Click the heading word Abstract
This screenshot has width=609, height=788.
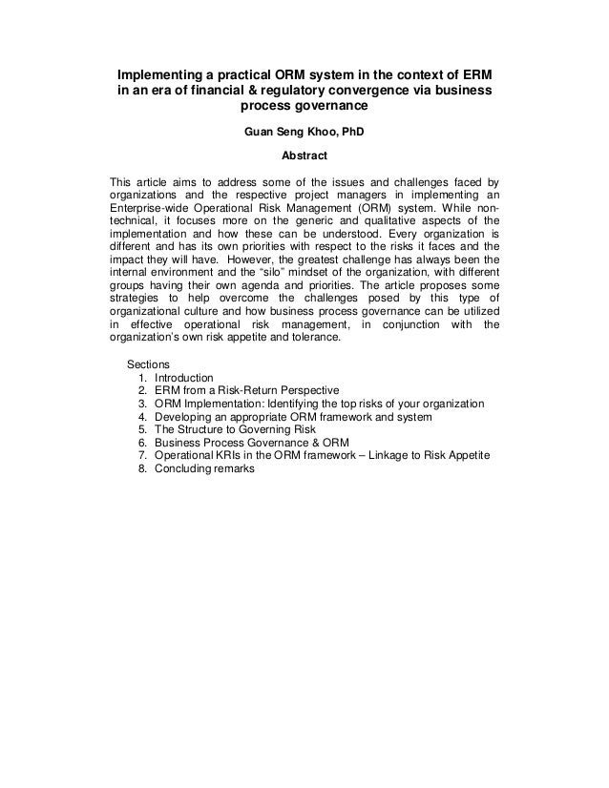click(x=304, y=152)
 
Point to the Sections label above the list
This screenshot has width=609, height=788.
click(x=148, y=363)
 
